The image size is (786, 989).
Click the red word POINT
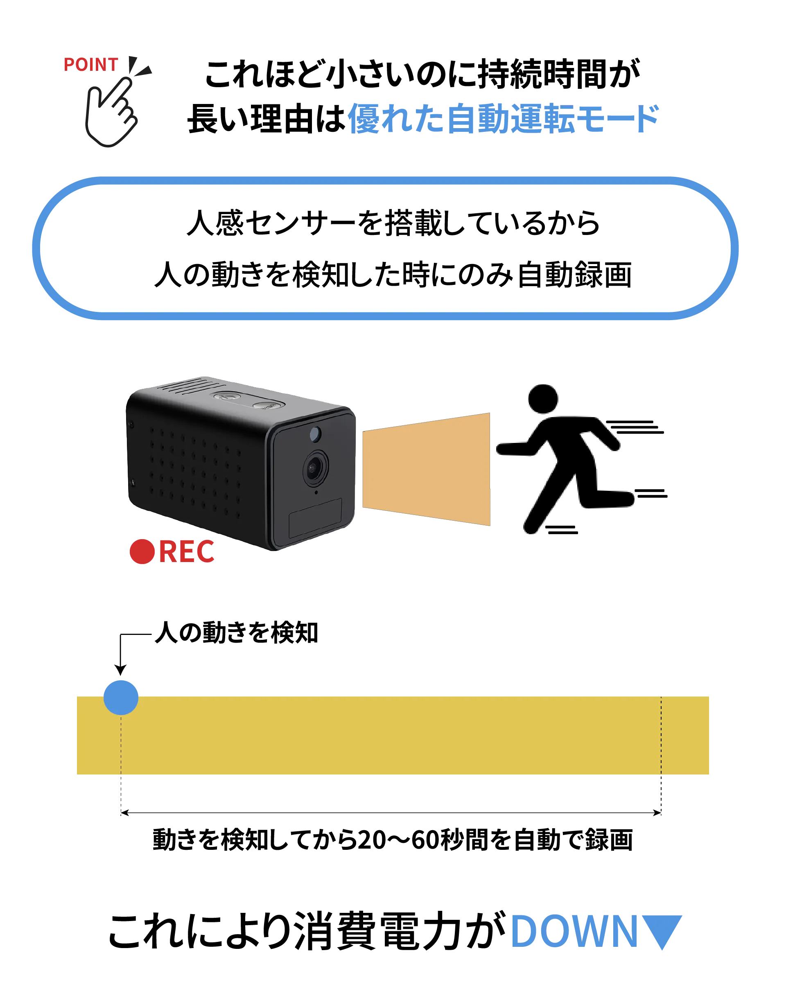tap(90, 65)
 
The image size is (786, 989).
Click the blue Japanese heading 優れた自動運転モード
tap(504, 119)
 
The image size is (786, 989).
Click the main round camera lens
tap(315, 467)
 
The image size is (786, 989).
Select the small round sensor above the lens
tap(315, 433)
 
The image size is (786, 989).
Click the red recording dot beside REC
tap(141, 551)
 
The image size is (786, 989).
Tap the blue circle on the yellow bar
tap(121, 697)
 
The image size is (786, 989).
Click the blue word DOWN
tap(574, 931)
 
